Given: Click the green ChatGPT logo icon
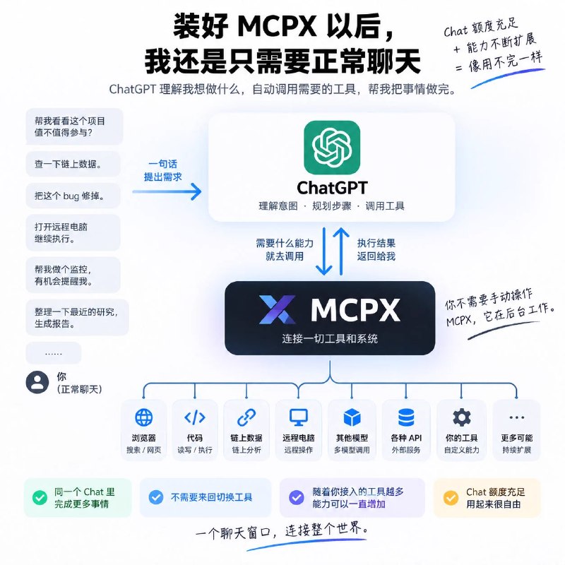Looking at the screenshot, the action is point(332,148).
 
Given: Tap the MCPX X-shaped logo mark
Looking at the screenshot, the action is point(277,309).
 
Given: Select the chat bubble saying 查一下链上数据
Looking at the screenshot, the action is point(73,164).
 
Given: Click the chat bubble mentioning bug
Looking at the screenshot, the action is point(73,196).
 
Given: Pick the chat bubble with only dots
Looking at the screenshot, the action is point(54,353).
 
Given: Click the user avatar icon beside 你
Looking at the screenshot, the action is point(37,382).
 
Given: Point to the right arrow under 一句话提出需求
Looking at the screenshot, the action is point(167,191).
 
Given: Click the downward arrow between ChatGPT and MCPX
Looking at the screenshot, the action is point(323,251).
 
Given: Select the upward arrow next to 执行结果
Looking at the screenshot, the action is point(341,251).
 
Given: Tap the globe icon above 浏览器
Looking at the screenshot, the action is point(144,417).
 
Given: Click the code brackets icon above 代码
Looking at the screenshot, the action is point(195,417).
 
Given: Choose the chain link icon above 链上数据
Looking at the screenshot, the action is point(246,417).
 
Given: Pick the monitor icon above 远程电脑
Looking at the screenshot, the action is point(298,417).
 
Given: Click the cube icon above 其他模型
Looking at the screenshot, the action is point(352,417).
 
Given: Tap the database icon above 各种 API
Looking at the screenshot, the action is point(406,417).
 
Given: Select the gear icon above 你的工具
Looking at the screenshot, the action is point(462,417).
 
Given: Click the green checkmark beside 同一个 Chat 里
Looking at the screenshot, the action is point(40,498).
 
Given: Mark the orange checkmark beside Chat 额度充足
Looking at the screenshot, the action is point(451,498).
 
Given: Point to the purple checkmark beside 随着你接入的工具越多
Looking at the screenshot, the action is point(296,498).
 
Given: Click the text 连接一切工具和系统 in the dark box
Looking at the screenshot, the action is point(330,339).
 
